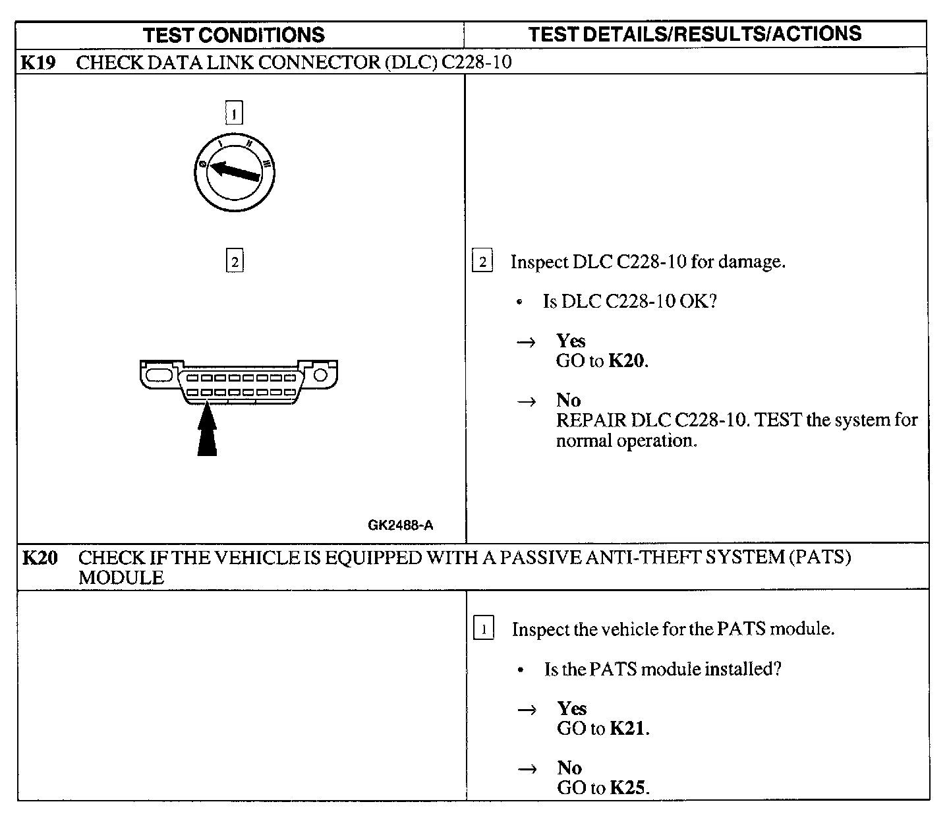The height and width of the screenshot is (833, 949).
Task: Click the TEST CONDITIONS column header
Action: (x=234, y=35)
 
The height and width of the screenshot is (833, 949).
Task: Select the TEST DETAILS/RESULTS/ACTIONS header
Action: (x=695, y=34)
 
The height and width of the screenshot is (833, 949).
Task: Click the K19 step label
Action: (x=38, y=63)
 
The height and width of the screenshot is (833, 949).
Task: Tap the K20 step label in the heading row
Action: (x=40, y=558)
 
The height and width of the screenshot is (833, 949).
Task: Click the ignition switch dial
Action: (x=234, y=173)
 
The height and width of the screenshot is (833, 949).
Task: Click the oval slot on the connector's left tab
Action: (x=158, y=375)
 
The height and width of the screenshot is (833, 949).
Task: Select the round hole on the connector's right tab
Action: (x=321, y=375)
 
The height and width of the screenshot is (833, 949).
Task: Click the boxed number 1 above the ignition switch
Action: (x=234, y=114)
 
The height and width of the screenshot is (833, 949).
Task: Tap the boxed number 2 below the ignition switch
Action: (x=235, y=262)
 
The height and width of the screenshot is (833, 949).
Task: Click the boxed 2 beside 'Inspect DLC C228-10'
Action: (x=482, y=262)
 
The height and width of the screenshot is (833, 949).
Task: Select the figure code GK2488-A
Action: (x=401, y=525)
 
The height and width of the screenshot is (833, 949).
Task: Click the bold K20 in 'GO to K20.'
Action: (x=627, y=361)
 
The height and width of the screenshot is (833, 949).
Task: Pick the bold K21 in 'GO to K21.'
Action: (x=628, y=728)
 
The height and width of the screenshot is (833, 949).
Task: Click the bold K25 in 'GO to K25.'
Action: (x=628, y=788)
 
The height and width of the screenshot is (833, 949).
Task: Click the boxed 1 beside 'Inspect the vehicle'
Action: (x=484, y=629)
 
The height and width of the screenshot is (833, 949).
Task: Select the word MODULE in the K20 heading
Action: (x=121, y=578)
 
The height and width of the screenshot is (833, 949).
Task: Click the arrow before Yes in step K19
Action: (x=526, y=342)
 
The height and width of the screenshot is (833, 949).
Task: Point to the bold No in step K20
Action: (x=569, y=768)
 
